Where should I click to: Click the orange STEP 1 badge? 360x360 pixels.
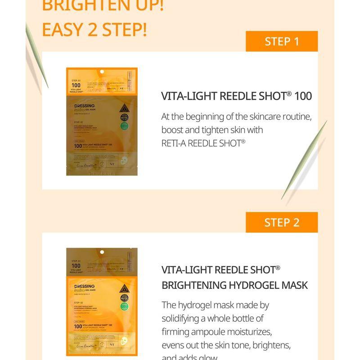coord(282,41)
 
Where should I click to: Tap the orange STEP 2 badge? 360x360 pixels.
coord(282,222)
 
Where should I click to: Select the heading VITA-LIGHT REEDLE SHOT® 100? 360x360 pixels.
coord(236,96)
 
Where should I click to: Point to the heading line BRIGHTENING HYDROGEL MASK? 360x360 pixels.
coord(234,285)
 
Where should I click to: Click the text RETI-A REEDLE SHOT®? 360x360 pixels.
coord(203,143)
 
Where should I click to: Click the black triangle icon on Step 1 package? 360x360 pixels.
coord(124,108)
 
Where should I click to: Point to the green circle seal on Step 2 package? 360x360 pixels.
coord(124,306)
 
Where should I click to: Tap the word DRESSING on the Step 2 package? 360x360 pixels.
coord(84,286)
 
